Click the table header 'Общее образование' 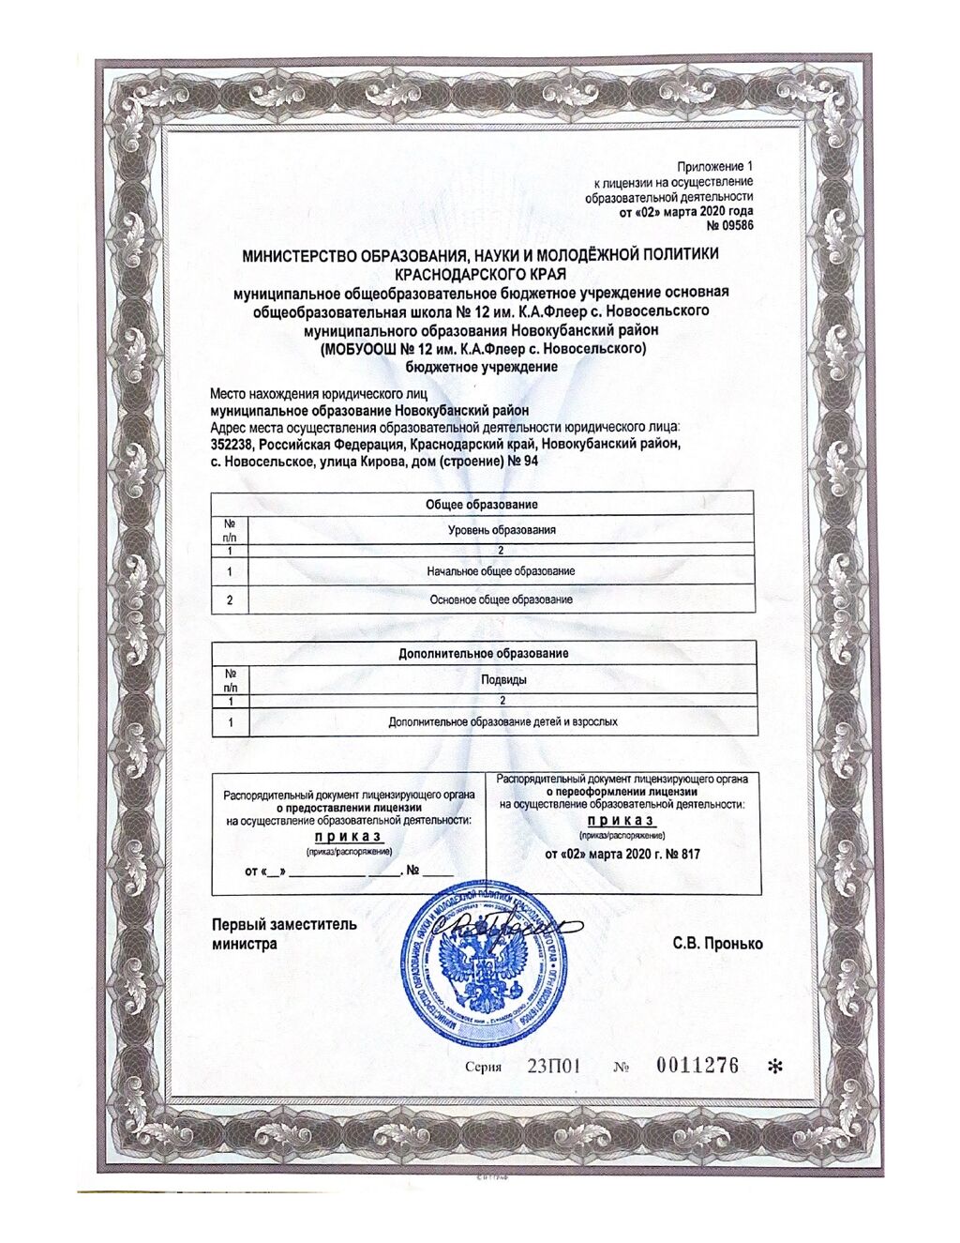482,505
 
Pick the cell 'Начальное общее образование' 501,571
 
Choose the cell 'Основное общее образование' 501,599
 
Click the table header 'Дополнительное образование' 484,653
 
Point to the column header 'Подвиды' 502,679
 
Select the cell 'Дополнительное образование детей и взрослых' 502,721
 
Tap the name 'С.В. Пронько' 717,944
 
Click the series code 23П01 555,1066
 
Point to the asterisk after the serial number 774,1067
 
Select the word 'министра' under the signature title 245,944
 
